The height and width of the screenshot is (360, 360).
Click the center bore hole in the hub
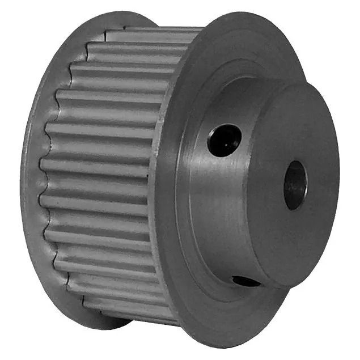[x=295, y=185]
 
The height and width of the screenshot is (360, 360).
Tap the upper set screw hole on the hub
[x=224, y=140]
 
